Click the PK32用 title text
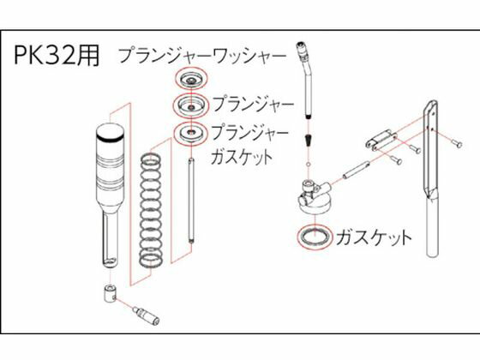(57, 56)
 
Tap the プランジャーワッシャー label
(202, 56)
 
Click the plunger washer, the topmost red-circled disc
(191, 78)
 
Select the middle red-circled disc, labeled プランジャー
(191, 105)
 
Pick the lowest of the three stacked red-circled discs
(190, 133)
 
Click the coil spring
(151, 211)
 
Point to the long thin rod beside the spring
(191, 201)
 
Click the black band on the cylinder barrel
(110, 139)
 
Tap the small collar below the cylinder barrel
(110, 293)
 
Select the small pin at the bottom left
(146, 315)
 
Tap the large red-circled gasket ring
(315, 237)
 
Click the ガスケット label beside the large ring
(374, 237)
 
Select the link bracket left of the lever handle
(381, 140)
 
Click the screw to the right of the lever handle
(456, 143)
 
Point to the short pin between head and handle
(356, 171)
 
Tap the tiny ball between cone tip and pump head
(309, 164)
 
